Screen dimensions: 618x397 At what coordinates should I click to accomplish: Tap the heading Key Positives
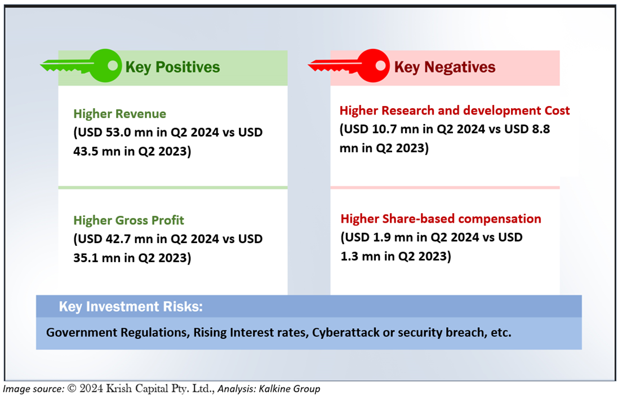pyautogui.click(x=172, y=67)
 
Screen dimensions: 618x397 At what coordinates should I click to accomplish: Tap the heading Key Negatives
pyautogui.click(x=444, y=67)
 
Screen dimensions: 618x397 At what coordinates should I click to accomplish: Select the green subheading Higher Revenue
pyautogui.click(x=120, y=114)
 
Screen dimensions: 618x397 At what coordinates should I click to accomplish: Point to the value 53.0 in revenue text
pyautogui.click(x=118, y=132)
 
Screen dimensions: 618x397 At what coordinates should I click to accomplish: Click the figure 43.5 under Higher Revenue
pyautogui.click(x=86, y=151)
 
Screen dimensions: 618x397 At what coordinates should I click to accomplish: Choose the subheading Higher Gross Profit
pyautogui.click(x=128, y=220)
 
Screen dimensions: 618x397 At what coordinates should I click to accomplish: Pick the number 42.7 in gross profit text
pyautogui.click(x=118, y=239)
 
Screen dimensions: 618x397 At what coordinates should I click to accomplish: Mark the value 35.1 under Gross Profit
pyautogui.click(x=86, y=258)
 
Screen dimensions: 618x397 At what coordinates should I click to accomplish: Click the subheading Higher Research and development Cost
pyautogui.click(x=455, y=111)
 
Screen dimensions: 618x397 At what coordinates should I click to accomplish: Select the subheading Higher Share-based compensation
pyautogui.click(x=441, y=219)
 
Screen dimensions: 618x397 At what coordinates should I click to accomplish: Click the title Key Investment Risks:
pyautogui.click(x=131, y=307)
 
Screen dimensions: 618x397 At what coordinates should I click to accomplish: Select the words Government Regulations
pyautogui.click(x=117, y=333)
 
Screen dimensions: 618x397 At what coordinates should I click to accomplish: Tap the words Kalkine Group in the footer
pyautogui.click(x=290, y=389)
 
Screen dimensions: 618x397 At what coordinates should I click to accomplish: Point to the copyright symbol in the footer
pyautogui.click(x=72, y=389)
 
